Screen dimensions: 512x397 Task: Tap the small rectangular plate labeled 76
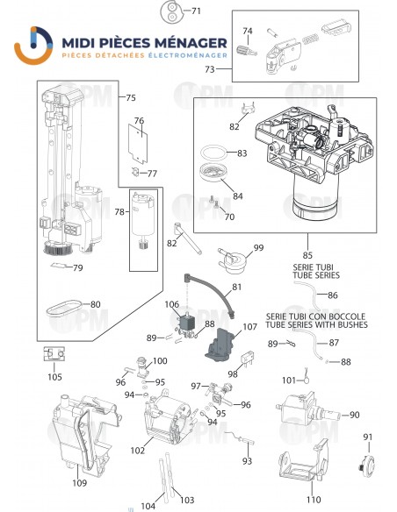(137, 134)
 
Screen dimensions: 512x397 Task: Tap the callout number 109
(79, 481)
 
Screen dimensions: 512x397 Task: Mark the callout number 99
(257, 248)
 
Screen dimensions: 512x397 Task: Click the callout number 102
(137, 451)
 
